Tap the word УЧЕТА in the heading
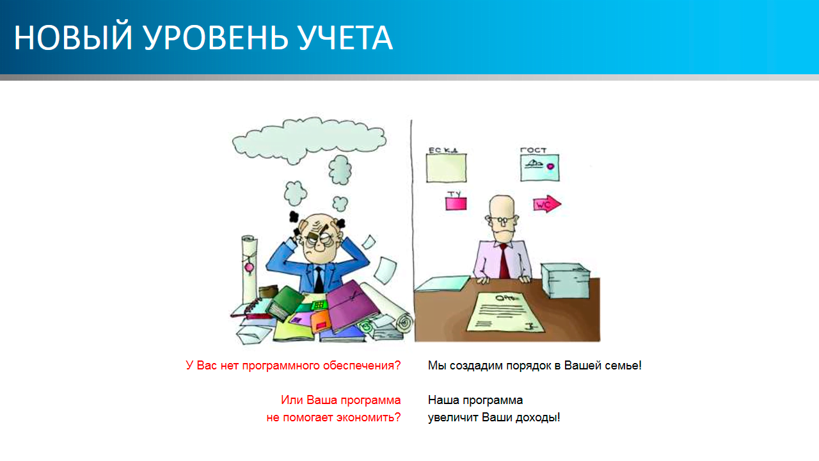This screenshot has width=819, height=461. click(346, 38)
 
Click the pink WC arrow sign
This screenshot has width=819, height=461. click(547, 204)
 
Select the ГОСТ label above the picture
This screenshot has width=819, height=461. click(533, 150)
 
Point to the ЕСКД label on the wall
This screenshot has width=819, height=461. click(443, 150)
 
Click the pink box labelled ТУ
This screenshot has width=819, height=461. click(456, 203)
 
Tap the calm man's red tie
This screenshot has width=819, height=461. click(504, 261)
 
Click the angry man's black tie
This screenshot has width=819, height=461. click(319, 279)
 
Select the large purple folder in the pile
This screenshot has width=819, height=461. click(352, 305)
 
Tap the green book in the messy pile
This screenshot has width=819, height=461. click(285, 302)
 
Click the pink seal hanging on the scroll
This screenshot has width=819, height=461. click(249, 268)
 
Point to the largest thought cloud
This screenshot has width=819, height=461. click(309, 140)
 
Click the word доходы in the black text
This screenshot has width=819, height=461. click(537, 417)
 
